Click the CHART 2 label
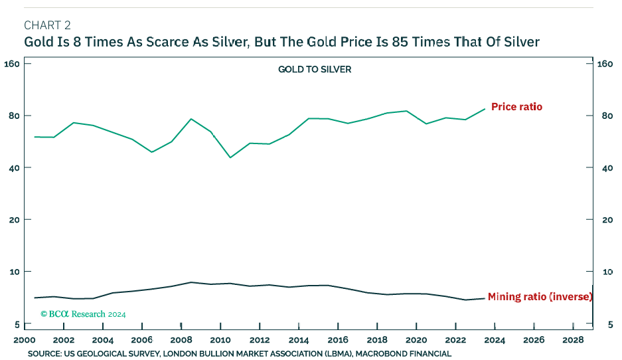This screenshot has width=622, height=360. click(47, 26)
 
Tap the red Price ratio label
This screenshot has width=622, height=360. click(516, 106)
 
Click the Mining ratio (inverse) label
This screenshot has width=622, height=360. click(539, 297)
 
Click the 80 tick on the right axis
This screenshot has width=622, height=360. click(603, 116)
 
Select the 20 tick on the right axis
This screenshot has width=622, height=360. click(603, 220)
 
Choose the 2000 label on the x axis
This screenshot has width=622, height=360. click(25, 340)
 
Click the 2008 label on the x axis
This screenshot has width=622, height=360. click(181, 340)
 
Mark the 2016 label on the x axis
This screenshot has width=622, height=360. click(338, 340)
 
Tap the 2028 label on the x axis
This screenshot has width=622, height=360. click(573, 340)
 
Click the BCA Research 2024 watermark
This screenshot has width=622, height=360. click(83, 314)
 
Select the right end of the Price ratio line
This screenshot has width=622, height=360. click(485, 109)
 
